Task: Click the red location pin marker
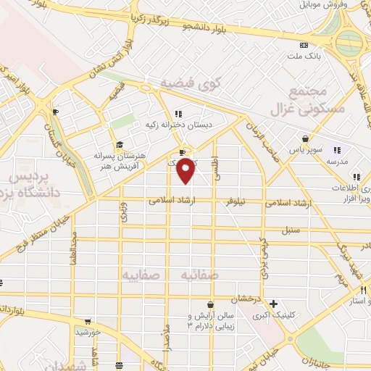(186, 170)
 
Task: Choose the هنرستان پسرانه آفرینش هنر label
(120, 160)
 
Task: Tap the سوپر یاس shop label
(305, 150)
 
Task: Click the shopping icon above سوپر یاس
(306, 138)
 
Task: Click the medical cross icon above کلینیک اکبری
(273, 304)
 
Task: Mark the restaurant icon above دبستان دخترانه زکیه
(178, 113)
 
